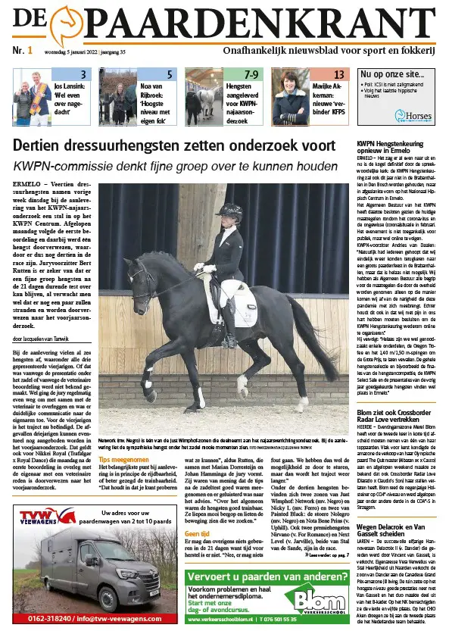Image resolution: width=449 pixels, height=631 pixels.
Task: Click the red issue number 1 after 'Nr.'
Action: [30, 51]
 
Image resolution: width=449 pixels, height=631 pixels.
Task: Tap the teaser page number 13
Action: [339, 74]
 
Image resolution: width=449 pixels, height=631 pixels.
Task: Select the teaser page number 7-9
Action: [253, 74]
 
